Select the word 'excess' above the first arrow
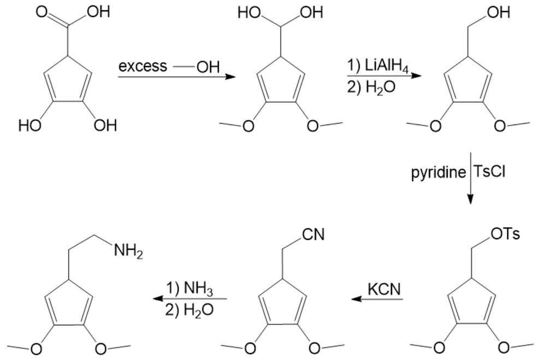143,67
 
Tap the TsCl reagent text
490,173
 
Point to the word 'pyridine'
438,173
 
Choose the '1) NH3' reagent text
189,288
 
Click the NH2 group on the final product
128,252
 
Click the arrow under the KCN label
376,299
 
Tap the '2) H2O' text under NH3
189,310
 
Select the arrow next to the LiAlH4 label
384,77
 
